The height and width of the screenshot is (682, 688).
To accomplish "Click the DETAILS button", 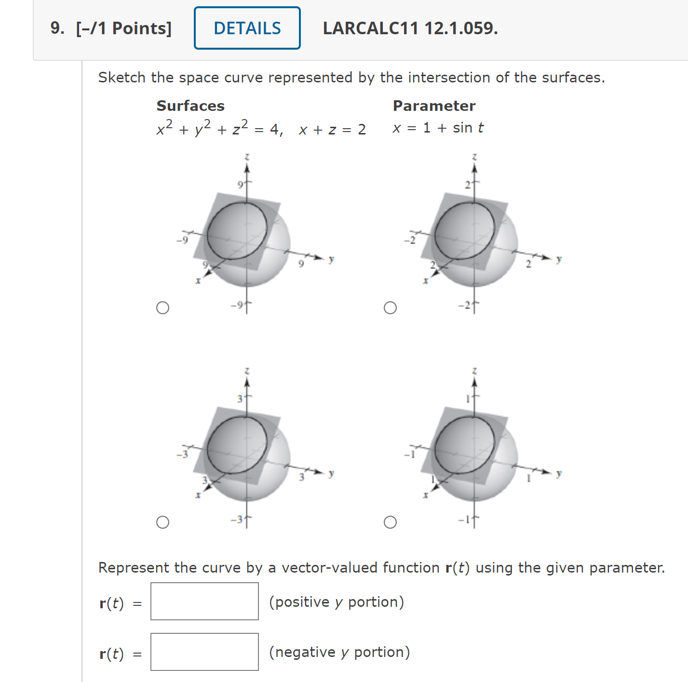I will (247, 28).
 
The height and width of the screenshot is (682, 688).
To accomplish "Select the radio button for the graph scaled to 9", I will (163, 308).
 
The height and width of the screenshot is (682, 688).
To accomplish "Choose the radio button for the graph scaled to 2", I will (390, 308).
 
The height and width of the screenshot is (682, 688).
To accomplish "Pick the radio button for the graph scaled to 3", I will (163, 522).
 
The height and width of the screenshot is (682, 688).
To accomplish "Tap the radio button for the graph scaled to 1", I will (390, 522).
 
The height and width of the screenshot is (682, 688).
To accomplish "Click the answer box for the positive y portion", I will (204, 601).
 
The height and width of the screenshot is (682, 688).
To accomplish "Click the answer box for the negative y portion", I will (204, 652).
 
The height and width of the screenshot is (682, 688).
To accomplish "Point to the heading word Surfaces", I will (190, 106).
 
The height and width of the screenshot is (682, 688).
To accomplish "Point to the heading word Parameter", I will (434, 106).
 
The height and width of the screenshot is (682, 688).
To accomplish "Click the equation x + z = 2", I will (332, 129).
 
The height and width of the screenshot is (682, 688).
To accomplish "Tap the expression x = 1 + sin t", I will (438, 128).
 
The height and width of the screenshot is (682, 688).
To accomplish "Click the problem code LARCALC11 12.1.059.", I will (410, 28).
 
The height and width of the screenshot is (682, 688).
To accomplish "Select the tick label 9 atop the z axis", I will (240, 184).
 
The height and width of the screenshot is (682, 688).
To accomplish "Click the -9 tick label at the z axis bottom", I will (237, 305).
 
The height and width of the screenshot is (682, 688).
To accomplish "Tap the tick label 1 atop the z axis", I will (467, 399).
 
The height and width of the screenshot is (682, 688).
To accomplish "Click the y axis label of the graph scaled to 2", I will (559, 259).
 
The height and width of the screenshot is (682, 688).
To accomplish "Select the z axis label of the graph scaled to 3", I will (247, 371).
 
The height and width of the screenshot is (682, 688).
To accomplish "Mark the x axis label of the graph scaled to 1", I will (425, 495).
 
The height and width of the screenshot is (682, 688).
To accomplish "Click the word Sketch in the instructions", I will (121, 78).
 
